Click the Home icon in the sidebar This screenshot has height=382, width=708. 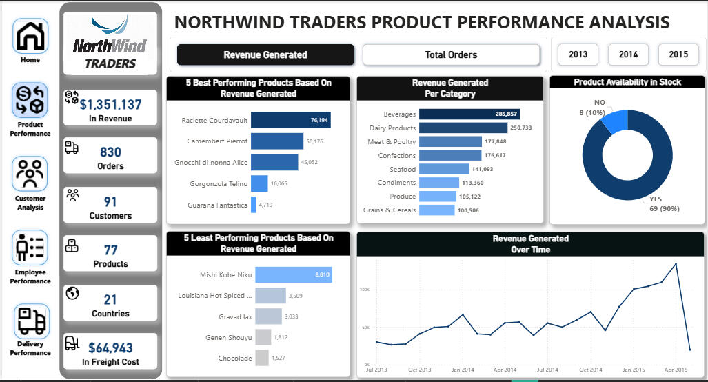pos(30,36)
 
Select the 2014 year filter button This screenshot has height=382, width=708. pos(628,54)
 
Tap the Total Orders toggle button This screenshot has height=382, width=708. pos(451,54)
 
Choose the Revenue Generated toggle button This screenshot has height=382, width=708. pos(265,54)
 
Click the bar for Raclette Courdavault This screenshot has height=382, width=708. pos(290,120)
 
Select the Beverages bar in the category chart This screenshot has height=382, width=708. pos(469,114)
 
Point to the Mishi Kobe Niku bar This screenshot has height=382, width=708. pos(292,274)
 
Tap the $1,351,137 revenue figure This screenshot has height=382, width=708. pos(110,105)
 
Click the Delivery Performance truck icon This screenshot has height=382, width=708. pos(30,321)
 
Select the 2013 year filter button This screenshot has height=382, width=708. pos(578,54)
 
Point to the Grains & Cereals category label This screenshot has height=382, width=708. pos(390,210)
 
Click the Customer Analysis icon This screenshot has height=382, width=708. pos(30,174)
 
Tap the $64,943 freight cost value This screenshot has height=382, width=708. pos(110,348)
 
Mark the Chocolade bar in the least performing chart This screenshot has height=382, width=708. pos(261,358)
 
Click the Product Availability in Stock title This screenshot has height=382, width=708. pos(627,82)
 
